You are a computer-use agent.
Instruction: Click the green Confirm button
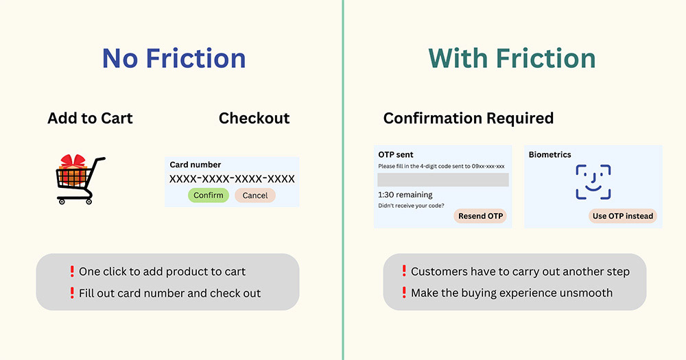pos(209,195)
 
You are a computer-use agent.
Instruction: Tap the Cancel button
pos(255,195)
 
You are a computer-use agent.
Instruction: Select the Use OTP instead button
pos(623,216)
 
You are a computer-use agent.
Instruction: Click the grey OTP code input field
pos(442,180)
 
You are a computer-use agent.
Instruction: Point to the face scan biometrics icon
pos(593,182)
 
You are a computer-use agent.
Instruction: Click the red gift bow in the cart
pos(73,161)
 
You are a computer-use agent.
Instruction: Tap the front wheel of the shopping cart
pos(88,202)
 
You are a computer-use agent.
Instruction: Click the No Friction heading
pos(174,58)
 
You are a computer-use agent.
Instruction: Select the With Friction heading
pos(512,58)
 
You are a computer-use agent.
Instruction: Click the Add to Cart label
pos(90,118)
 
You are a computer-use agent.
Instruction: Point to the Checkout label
pos(255,118)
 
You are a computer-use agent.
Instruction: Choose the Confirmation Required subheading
pos(469,118)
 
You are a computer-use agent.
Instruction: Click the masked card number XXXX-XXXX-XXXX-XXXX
pos(232,179)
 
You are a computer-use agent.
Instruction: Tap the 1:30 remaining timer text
pos(405,195)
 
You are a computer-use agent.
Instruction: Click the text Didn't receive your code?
pos(411,206)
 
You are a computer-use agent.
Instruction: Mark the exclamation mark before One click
pos(72,272)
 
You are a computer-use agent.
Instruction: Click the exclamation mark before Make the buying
pos(404,293)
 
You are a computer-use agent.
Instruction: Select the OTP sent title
pos(396,154)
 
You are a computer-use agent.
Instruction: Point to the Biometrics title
pos(550,154)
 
